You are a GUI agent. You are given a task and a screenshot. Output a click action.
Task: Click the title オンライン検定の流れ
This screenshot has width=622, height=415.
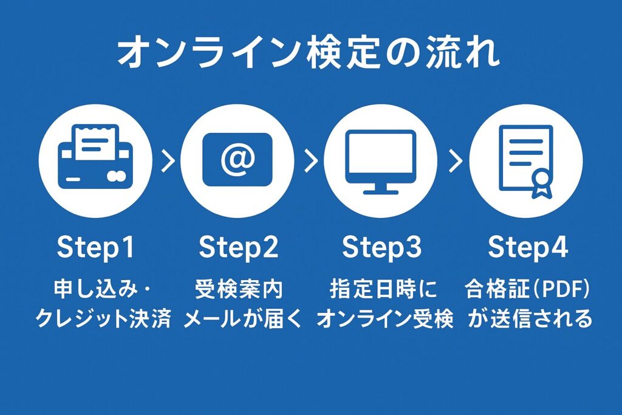[309, 52]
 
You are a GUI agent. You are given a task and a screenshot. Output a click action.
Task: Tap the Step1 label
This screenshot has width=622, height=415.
[95, 247]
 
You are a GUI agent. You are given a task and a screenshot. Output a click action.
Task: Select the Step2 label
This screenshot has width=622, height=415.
[238, 247]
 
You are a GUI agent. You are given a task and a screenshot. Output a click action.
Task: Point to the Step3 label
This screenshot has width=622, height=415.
[381, 247]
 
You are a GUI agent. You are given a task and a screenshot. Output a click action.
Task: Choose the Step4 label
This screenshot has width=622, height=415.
[528, 247]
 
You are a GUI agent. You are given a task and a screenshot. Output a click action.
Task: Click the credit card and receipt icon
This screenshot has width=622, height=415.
[95, 157]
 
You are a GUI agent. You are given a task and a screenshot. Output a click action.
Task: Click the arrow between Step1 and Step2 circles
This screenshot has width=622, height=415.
[168, 160]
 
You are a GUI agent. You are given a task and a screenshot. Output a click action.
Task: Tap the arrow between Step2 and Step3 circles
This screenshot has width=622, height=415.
[311, 160]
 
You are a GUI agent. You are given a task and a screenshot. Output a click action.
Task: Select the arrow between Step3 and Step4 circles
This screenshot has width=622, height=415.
[456, 160]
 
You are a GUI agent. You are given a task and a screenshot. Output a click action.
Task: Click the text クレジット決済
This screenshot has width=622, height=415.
[103, 318]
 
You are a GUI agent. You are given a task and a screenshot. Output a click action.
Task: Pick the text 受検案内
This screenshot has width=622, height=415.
[238, 289]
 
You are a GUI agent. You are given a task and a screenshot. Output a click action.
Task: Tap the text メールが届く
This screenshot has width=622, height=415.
[243, 318]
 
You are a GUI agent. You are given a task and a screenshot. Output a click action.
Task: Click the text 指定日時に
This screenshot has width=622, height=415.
[383, 289]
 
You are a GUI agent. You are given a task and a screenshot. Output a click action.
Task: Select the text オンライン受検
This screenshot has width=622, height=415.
[384, 318]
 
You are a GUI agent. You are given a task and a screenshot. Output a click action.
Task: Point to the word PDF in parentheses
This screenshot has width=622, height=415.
[560, 289]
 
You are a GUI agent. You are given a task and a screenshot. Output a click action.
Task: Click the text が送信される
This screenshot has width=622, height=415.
[530, 318]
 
